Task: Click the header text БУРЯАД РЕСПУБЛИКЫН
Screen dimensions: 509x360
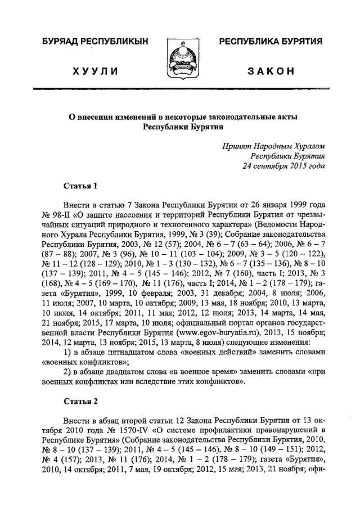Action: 91,42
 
